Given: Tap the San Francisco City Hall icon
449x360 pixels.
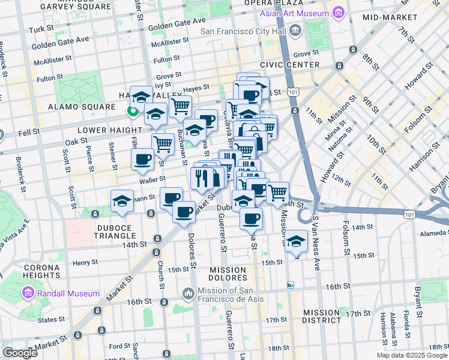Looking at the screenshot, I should [x=295, y=31].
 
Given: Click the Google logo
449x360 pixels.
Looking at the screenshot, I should [x=19, y=353].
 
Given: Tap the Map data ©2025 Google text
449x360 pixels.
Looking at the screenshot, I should [x=412, y=355].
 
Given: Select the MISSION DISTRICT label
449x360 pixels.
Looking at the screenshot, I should [x=322, y=317].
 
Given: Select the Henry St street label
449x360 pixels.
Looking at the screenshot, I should [x=85, y=263].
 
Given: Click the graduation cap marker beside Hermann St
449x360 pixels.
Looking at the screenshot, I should [x=122, y=201].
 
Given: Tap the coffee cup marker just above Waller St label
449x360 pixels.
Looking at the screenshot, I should [x=142, y=159].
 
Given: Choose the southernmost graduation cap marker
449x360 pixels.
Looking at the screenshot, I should [x=297, y=241].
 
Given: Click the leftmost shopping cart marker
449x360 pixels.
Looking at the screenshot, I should [x=163, y=143].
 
